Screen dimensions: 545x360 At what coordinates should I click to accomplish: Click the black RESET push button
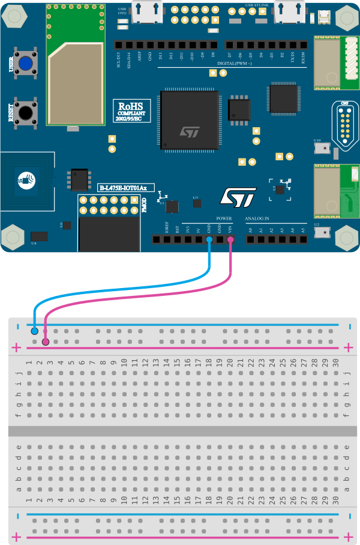coord(25,112)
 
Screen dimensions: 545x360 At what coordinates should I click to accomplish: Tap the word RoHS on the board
coord(130,106)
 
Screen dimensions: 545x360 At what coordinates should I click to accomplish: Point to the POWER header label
coord(224,218)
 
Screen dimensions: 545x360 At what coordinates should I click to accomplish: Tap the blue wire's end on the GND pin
coord(209,239)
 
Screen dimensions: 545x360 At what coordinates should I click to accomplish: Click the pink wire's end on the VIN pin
coord(230,239)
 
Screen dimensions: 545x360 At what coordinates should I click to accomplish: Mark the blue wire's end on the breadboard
coord(34,331)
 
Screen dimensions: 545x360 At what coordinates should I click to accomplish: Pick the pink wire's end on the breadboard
coord(46,342)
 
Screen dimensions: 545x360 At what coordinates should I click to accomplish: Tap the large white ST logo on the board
coord(239,197)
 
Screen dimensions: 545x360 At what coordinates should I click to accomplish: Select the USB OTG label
coord(122,11)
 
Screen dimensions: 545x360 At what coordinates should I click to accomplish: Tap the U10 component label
coord(317,141)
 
